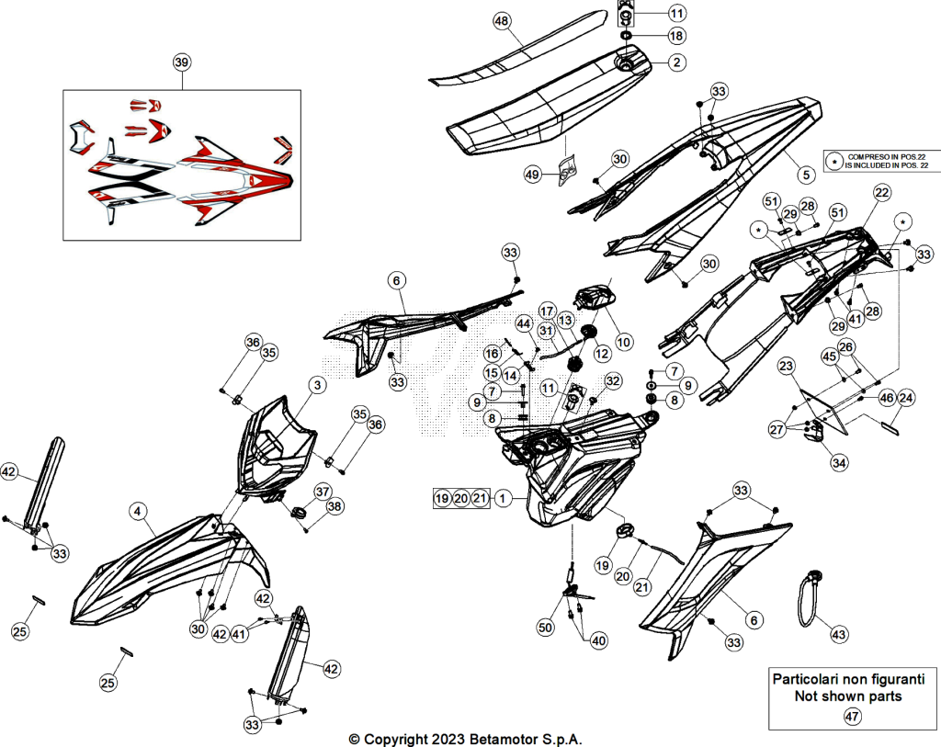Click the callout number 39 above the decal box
point(182,62)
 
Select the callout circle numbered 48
point(502,22)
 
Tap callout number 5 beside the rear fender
point(806,175)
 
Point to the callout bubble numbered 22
point(881,193)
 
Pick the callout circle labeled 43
point(838,634)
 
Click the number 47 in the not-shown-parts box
point(852,716)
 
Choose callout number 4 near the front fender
point(138,511)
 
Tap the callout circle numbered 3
point(317,385)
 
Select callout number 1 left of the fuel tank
point(503,498)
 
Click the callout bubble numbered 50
point(545,628)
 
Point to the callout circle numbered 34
point(839,462)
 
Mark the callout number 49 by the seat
point(532,175)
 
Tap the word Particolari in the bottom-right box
point(804,679)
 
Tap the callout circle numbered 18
point(676,36)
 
